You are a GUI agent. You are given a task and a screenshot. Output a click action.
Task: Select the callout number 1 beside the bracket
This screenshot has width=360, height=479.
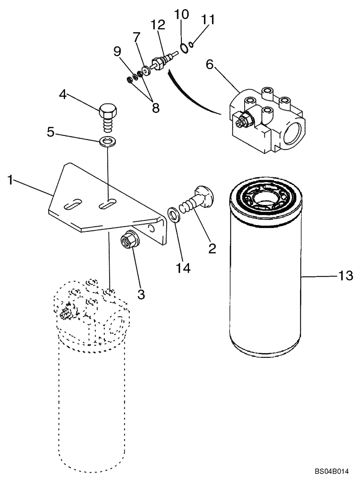(10, 181)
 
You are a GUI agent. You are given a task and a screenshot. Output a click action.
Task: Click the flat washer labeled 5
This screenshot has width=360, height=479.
(107, 142)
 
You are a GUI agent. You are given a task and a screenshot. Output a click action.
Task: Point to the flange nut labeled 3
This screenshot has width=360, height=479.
(128, 238)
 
